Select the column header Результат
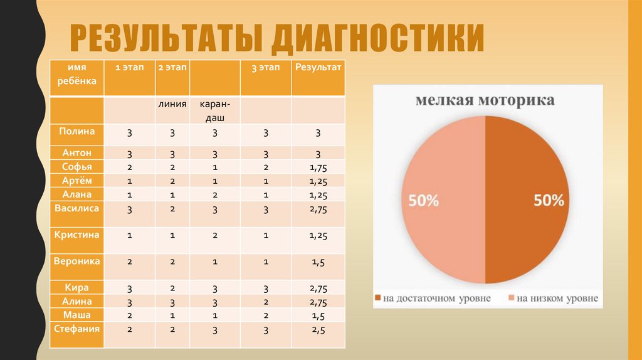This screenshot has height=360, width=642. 318,67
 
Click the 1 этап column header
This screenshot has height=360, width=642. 129,67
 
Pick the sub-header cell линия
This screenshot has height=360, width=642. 172,104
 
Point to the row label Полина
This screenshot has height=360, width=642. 77,131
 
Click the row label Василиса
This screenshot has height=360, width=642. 77,208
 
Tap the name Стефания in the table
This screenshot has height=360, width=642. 77,328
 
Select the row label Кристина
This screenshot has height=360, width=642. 77,234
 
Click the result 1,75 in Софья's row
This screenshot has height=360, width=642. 318,167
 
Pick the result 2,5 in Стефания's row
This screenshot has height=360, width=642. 318,329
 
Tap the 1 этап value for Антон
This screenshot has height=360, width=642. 129,154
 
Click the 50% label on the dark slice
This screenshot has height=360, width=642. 549,201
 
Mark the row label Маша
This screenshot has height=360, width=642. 77,315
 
